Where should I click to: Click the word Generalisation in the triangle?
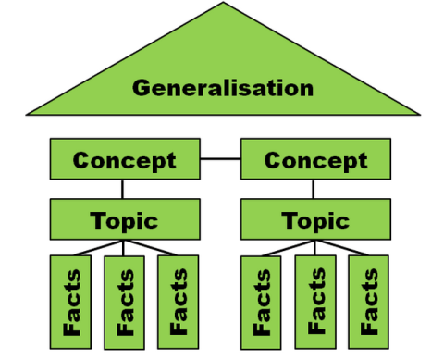222,89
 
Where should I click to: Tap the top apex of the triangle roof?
223,5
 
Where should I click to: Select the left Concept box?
124,160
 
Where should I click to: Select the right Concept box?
315,160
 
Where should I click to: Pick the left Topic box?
124,220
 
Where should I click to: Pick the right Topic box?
314,220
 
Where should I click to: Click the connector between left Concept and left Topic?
124,190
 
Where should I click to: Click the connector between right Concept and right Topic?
315,190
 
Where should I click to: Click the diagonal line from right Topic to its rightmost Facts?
343,248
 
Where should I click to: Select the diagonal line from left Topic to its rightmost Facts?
153,248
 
